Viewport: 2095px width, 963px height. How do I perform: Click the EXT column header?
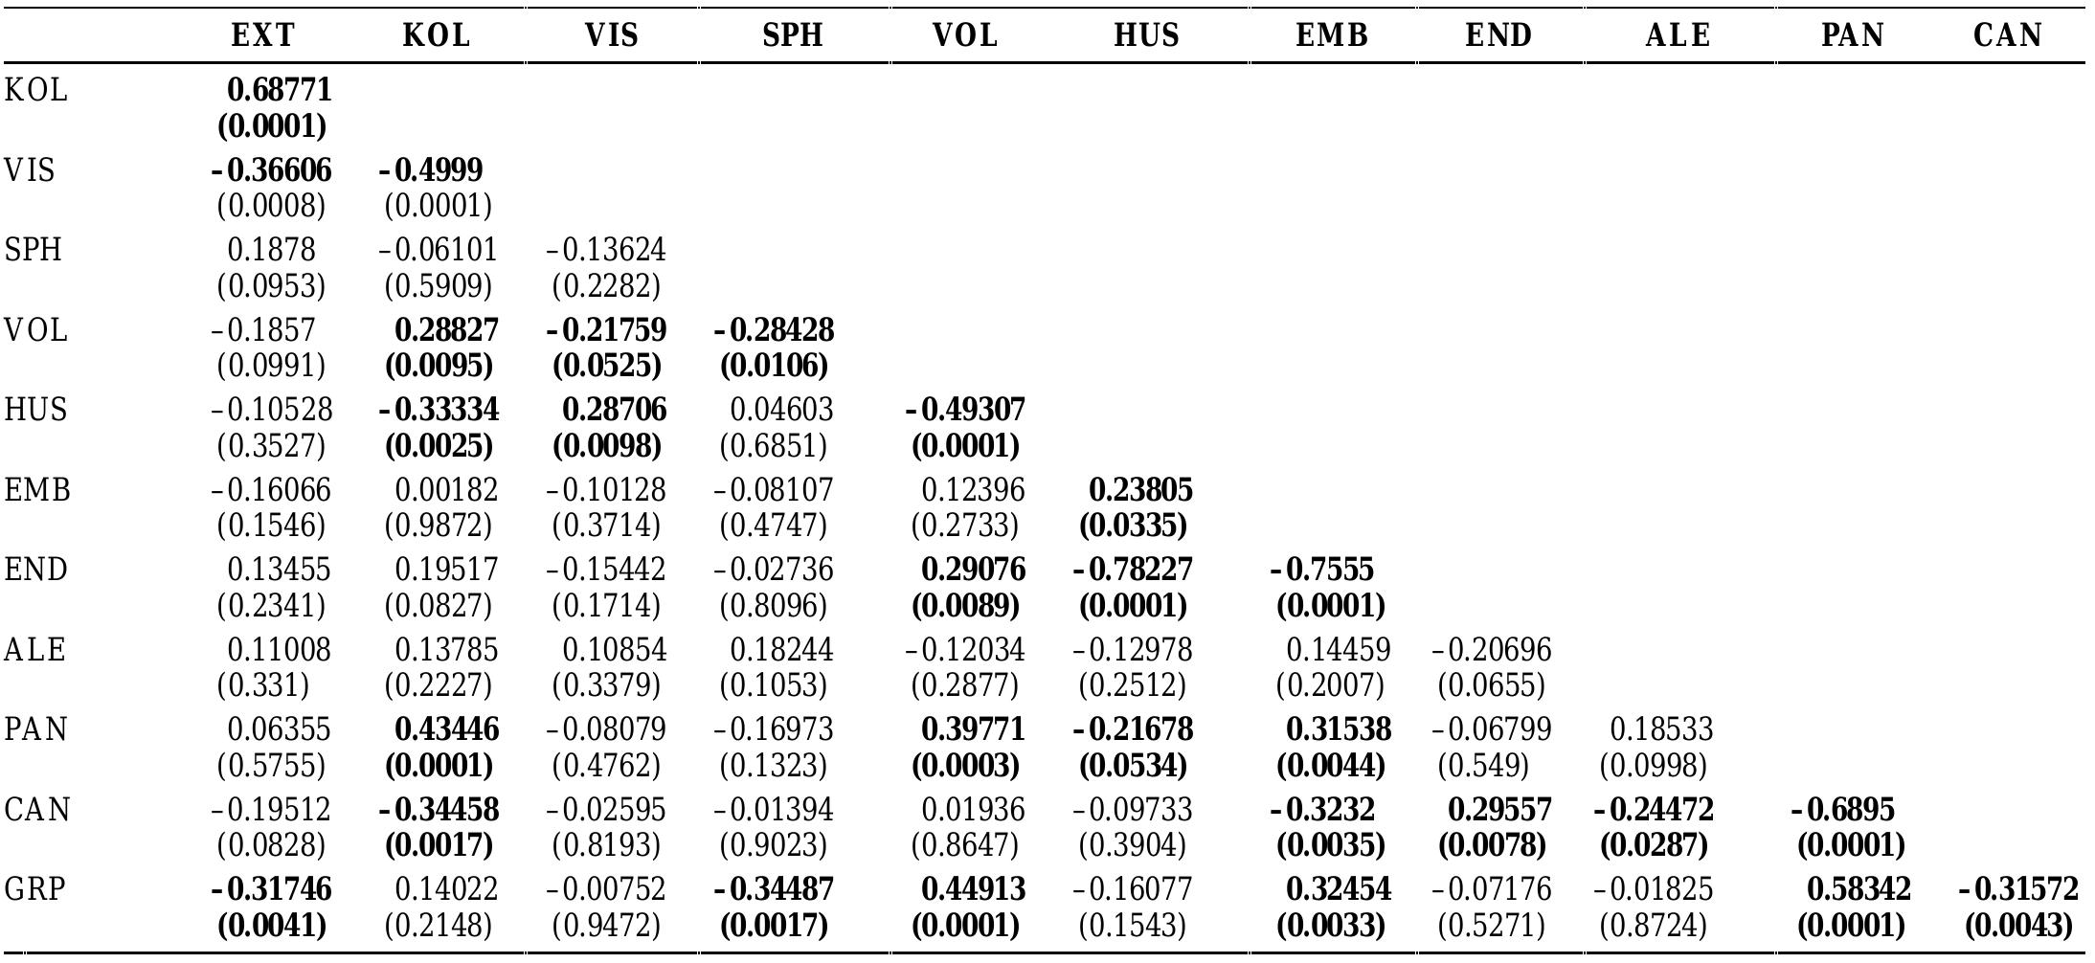263,35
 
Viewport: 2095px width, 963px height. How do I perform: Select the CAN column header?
2008,35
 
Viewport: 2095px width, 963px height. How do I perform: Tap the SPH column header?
793,35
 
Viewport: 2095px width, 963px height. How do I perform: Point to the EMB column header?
1332,35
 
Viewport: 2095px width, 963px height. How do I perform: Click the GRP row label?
35,889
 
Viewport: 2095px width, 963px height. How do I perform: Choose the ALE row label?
35,650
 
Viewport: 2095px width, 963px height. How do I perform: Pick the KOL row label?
35,91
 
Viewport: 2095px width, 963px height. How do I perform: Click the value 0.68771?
280,90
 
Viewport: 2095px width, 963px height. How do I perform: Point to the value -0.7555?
1322,570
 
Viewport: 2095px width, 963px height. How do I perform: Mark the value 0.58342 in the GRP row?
1858,889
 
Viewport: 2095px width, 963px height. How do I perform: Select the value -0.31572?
2018,889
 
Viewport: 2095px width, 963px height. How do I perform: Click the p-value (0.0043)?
2018,926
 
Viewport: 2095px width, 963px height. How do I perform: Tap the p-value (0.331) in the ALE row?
263,685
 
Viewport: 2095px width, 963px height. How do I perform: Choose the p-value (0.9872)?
439,526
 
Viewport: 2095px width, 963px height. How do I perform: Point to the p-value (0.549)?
1483,766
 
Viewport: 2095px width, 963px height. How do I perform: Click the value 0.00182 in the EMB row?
446,490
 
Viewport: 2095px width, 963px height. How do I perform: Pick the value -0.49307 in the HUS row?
965,410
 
